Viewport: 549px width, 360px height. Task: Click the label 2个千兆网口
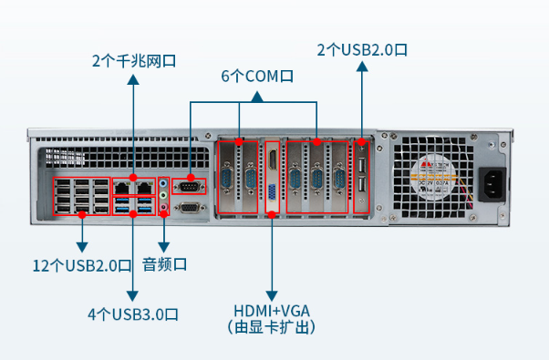click(x=133, y=62)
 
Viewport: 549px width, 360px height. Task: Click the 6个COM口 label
click(x=257, y=77)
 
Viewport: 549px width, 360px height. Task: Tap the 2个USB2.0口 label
click(x=361, y=49)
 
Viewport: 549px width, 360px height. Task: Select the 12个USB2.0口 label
click(x=82, y=266)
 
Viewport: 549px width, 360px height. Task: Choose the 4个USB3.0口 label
click(x=133, y=314)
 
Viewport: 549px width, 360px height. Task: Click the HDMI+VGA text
click(x=272, y=309)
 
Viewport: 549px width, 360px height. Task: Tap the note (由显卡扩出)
click(x=272, y=326)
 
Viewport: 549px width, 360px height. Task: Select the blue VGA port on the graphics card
click(x=272, y=192)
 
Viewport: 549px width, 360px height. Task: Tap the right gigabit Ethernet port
click(x=145, y=188)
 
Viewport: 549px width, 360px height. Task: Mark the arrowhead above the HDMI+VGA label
click(x=272, y=286)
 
